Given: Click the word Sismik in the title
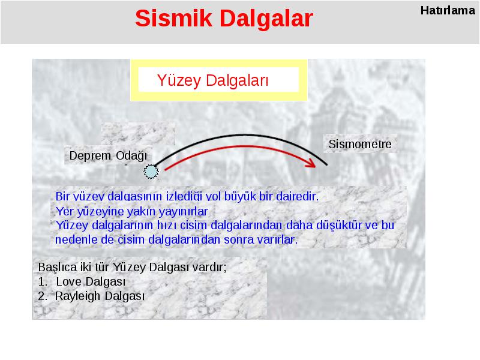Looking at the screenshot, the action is point(173,19).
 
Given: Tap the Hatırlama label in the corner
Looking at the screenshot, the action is point(448,10).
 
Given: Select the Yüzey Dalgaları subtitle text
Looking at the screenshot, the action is point(213,80).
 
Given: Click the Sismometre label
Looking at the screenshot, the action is point(359,144).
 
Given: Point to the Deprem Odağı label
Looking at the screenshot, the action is point(108,156).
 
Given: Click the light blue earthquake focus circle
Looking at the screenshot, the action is point(151,172).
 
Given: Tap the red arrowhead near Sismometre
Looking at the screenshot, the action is point(311,163).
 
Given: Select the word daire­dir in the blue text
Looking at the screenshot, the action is point(297,196).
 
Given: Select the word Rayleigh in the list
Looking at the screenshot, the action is point(78,296).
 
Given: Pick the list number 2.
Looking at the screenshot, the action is point(43,296).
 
